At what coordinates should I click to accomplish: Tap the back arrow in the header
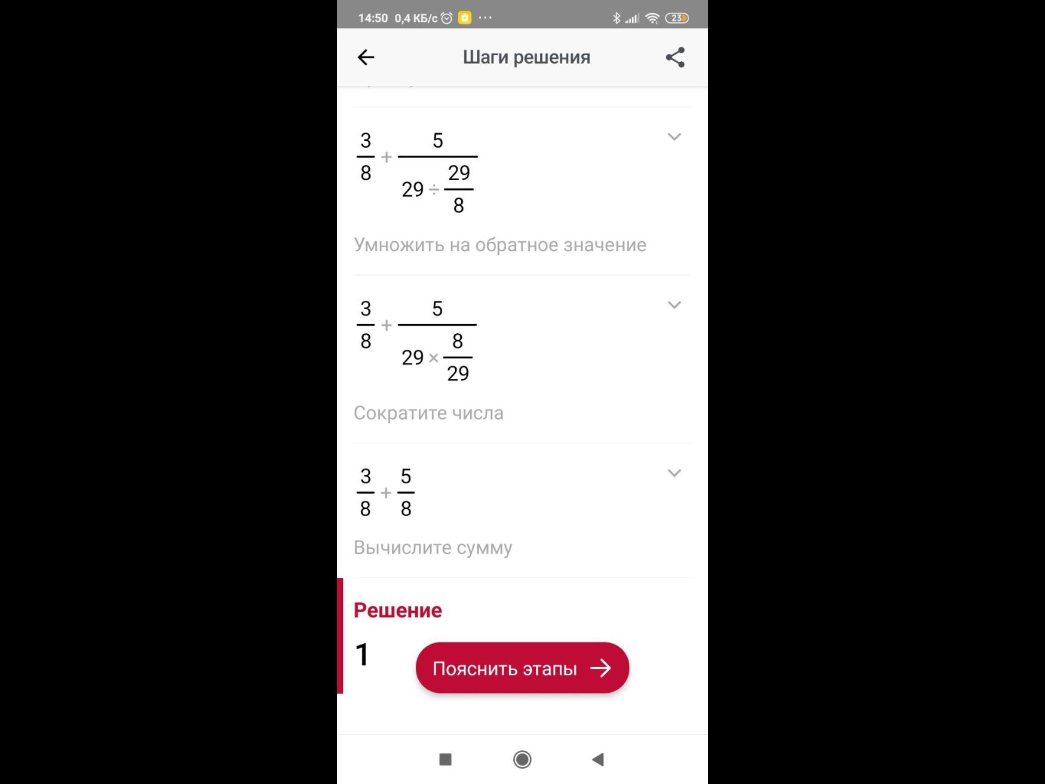pos(366,57)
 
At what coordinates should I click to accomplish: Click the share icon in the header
pos(675,57)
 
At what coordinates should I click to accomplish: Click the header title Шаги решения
pos(527,57)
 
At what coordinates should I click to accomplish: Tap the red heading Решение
pos(397,610)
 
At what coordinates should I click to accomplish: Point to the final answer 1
pos(362,654)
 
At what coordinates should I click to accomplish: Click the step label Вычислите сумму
pos(433,548)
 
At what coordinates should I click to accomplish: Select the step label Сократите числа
pos(429,413)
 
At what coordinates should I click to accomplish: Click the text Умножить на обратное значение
pos(500,245)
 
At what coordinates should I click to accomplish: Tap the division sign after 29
pos(434,190)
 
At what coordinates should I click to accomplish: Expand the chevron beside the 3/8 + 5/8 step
pos(674,473)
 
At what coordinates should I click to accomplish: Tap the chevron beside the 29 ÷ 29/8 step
pos(674,137)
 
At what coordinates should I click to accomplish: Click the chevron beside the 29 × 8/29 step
pos(674,305)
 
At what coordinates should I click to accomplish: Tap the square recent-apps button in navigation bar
pos(445,759)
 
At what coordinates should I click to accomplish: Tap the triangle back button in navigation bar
pos(598,759)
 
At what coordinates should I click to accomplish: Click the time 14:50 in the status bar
pos(373,18)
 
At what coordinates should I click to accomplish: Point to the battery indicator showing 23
pos(677,18)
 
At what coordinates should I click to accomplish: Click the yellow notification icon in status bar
pos(465,18)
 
